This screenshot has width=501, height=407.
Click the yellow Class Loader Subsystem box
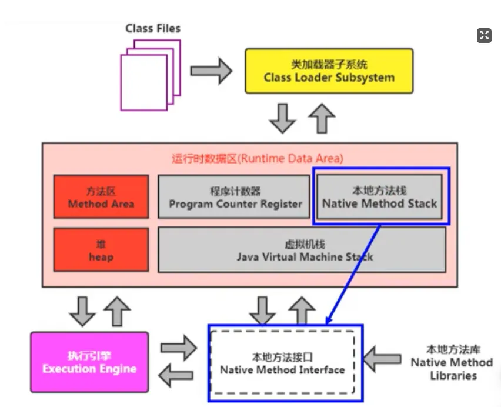click(329, 71)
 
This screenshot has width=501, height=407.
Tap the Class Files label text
click(153, 28)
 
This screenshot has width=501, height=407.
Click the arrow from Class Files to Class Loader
click(211, 71)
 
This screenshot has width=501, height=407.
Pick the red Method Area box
click(101, 197)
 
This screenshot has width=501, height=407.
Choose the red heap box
click(101, 250)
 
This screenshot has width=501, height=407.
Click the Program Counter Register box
click(234, 197)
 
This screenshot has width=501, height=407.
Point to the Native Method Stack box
click(379, 197)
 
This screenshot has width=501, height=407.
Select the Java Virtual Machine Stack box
click(302, 250)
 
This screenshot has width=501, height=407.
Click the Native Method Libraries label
click(452, 362)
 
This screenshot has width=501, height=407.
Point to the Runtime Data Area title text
click(257, 158)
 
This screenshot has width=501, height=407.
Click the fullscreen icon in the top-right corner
click(483, 35)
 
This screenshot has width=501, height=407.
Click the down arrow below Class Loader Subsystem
click(283, 118)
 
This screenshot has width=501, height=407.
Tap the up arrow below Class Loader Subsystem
click(322, 118)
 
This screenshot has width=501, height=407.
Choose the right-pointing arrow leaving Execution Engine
click(179, 348)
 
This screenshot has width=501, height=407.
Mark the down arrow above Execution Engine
click(82, 310)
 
